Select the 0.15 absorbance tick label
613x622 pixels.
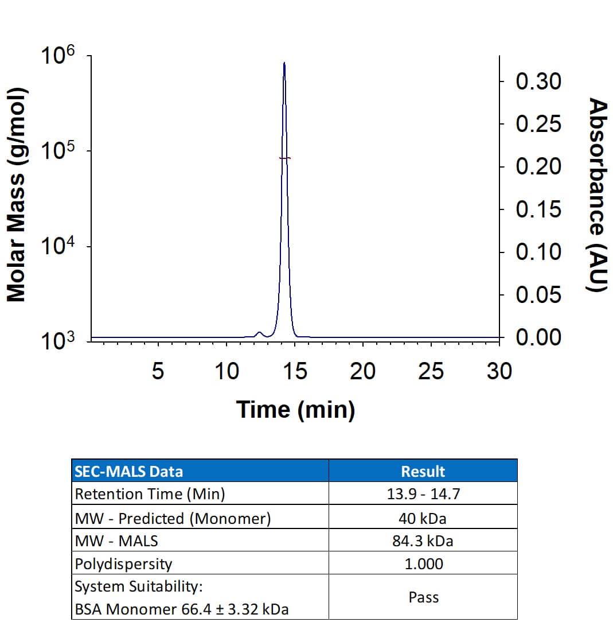pyautogui.click(x=538, y=210)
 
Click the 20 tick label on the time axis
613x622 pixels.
pyautogui.click(x=362, y=372)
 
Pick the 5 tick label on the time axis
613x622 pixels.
pyautogui.click(x=158, y=372)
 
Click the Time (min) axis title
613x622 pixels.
pyautogui.click(x=295, y=410)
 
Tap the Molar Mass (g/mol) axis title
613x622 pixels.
pyautogui.click(x=17, y=195)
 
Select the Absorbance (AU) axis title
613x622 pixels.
pyautogui.click(x=598, y=195)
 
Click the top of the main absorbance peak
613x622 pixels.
pyautogui.click(x=284, y=63)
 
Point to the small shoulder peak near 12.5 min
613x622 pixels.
pyautogui.click(x=259, y=333)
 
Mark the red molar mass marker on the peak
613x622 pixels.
pyautogui.click(x=285, y=158)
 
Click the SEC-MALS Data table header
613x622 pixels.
pyautogui.click(x=129, y=472)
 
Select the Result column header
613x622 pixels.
pyautogui.click(x=423, y=472)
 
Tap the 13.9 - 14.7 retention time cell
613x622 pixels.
pyautogui.click(x=423, y=494)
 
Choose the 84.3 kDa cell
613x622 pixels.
pyautogui.click(x=423, y=541)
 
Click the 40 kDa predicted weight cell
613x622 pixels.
pyautogui.click(x=423, y=518)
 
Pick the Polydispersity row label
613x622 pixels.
pyautogui.click(x=123, y=563)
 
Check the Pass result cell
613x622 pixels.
pyautogui.click(x=423, y=597)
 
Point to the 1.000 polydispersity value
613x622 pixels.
pyautogui.click(x=423, y=563)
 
